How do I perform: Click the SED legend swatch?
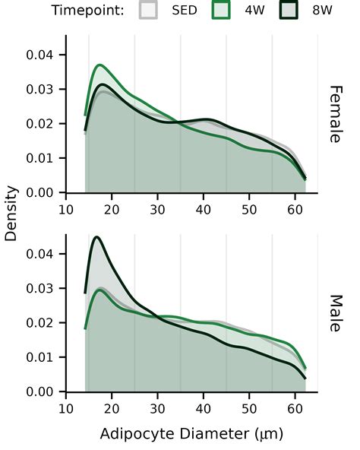point(148,10)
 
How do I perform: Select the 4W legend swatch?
point(221,10)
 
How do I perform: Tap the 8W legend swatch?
point(289,10)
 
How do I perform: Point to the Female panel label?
point(336,114)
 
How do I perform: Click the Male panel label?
point(336,313)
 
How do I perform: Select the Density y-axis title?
point(11,214)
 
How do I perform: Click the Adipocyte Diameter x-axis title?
point(191,433)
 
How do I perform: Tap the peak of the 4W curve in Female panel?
point(99,65)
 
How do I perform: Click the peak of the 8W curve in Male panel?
point(96,237)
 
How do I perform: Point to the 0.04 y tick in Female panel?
point(39,55)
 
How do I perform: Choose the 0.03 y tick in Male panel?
point(39,288)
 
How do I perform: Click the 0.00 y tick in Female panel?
point(39,192)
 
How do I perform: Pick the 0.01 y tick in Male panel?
point(39,357)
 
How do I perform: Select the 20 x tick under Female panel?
point(112,210)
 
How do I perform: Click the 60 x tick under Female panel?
point(295,210)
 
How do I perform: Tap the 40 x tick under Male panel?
point(204,409)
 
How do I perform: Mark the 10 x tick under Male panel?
point(66,409)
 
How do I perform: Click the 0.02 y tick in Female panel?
point(39,124)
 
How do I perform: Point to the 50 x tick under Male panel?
point(249,409)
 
